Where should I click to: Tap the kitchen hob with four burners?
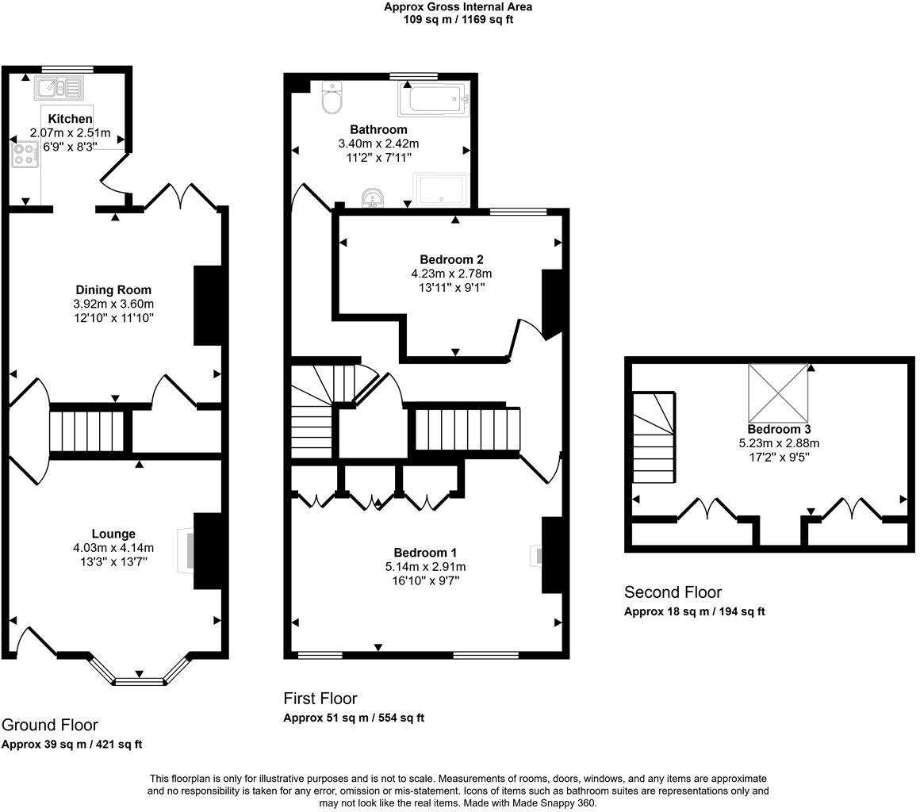pos(25,155)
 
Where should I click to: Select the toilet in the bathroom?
pos(332,98)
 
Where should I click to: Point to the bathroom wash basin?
pos(373,197)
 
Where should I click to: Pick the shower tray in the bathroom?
pos(441,190)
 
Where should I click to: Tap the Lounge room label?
pos(113,534)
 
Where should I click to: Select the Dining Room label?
pos(113,289)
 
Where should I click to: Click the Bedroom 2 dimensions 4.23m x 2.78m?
pos(450,274)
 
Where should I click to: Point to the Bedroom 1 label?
pos(425,552)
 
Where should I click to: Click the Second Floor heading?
pos(673,592)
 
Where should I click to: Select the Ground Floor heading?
pos(50,725)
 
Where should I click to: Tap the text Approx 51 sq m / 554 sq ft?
pos(354,718)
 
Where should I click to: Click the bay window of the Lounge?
pos(139,679)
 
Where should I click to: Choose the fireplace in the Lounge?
pos(187,551)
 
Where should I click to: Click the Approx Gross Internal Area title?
pos(458,6)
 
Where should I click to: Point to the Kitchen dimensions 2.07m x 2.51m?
pos(70,132)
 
